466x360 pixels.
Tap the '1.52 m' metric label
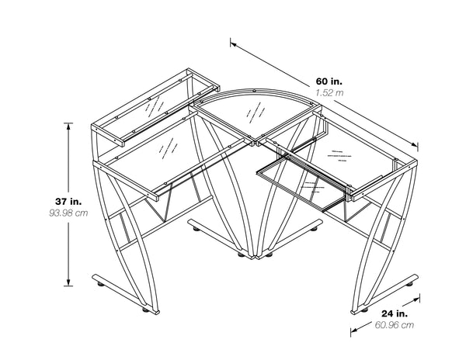point(329,92)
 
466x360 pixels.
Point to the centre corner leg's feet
point(252,254)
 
